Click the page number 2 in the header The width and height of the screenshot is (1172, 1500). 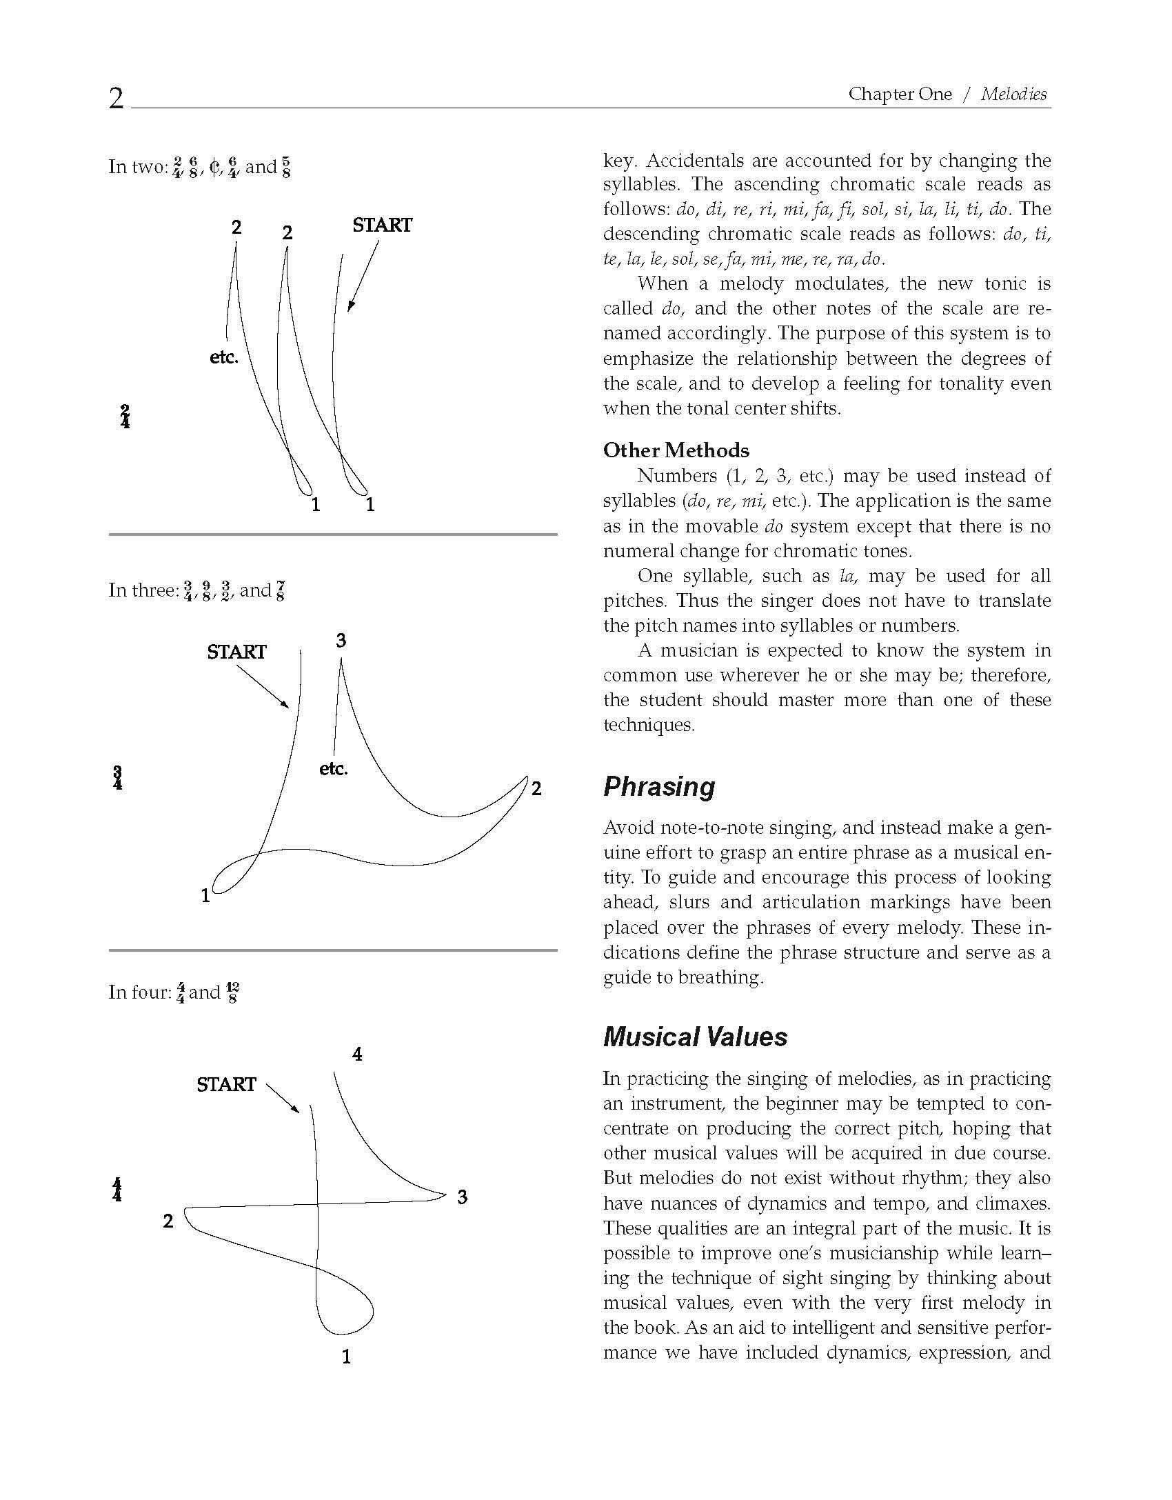[x=117, y=99]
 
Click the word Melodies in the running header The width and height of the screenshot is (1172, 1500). [x=1013, y=94]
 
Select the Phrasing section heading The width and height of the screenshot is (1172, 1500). [x=659, y=786]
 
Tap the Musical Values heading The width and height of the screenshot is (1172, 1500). [x=695, y=1037]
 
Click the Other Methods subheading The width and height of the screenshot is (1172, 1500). [x=676, y=450]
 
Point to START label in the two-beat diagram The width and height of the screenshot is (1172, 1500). [x=382, y=226]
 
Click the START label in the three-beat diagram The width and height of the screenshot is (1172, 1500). [x=236, y=652]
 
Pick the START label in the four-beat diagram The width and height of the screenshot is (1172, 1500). [x=226, y=1084]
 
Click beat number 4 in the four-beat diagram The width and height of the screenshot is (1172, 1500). [x=357, y=1054]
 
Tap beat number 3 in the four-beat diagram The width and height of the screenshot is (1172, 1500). [x=462, y=1198]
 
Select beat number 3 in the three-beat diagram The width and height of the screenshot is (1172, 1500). [x=341, y=641]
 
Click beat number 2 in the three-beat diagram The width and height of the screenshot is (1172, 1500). [x=536, y=789]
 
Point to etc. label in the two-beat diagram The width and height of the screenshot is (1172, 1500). [x=223, y=358]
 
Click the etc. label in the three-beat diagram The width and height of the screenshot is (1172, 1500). [x=334, y=769]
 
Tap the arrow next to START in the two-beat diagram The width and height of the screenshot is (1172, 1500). [x=363, y=276]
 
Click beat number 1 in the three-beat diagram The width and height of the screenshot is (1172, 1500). [x=205, y=896]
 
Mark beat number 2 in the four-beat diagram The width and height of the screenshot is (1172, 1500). [x=168, y=1221]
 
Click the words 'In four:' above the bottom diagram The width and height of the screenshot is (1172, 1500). [x=139, y=992]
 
